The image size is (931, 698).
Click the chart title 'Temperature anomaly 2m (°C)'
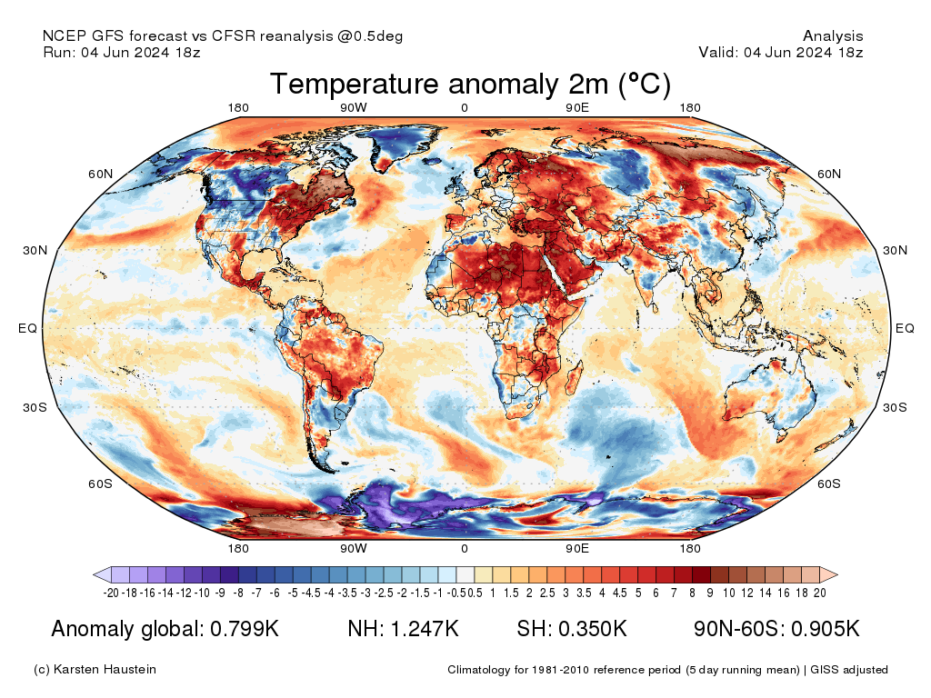click(470, 85)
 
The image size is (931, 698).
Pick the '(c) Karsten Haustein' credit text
click(95, 670)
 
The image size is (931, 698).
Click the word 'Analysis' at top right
click(833, 36)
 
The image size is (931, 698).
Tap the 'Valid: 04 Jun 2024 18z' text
click(780, 52)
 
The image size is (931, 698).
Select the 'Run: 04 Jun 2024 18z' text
click(122, 52)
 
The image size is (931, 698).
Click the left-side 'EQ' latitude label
click(27, 329)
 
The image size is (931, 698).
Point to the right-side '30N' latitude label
click(895, 251)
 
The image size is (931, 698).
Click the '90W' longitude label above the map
click(354, 108)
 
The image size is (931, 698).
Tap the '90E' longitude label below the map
click(577, 548)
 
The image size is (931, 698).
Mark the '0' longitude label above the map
click(465, 108)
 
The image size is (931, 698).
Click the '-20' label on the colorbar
click(112, 593)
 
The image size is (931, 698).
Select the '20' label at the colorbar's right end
click(819, 593)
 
